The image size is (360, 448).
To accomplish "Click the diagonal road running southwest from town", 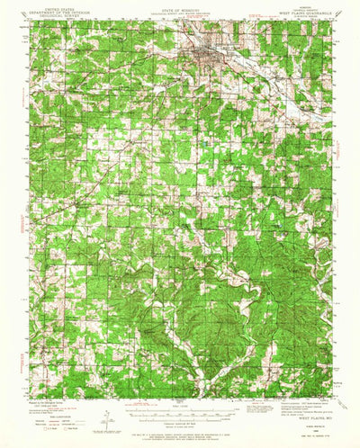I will pos(135,135).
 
